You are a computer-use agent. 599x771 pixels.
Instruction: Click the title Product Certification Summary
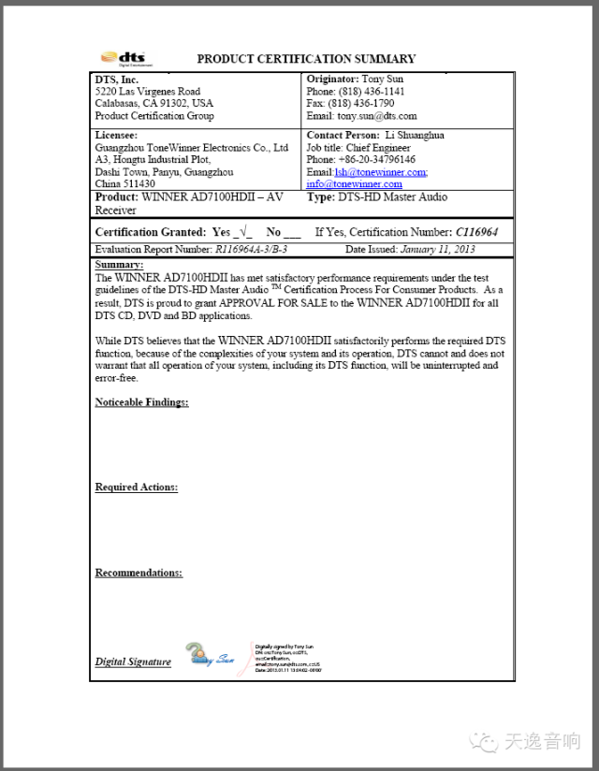click(306, 59)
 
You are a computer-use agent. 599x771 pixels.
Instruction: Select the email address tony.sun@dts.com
click(376, 116)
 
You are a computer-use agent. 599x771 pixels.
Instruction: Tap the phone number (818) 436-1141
click(373, 92)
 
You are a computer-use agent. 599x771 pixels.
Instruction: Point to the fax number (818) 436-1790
click(368, 104)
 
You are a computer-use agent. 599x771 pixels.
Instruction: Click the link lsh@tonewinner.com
click(380, 172)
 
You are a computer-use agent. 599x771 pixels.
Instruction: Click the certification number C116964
click(476, 232)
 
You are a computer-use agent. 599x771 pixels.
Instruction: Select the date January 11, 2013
click(439, 250)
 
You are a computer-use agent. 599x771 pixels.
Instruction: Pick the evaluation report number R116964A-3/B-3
click(251, 250)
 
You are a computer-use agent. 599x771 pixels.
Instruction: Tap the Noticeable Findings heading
click(141, 402)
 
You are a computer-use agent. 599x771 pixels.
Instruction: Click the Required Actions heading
click(136, 487)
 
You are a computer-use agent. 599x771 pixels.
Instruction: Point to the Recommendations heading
click(139, 573)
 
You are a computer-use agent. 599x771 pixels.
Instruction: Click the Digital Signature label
click(133, 662)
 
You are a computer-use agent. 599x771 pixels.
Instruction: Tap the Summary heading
click(118, 265)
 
